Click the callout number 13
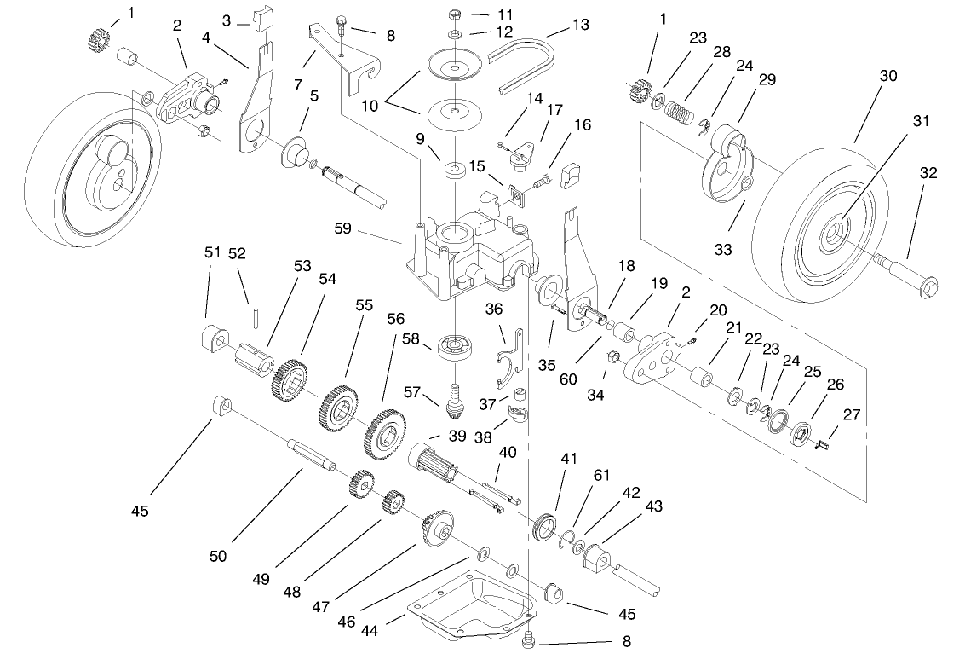(580, 25)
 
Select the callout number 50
(218, 557)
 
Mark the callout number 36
(495, 309)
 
